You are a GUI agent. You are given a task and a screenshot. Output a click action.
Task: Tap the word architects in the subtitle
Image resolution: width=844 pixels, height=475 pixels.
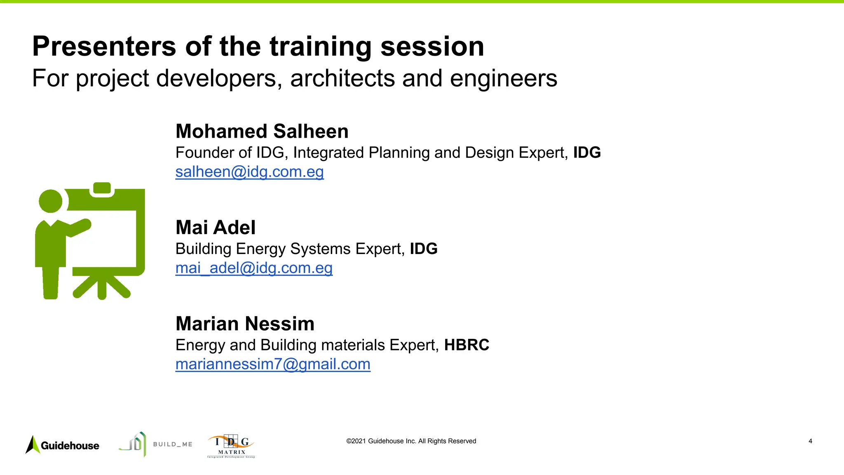[342, 78]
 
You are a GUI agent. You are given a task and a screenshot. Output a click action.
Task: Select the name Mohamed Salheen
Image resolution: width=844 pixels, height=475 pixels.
[262, 132]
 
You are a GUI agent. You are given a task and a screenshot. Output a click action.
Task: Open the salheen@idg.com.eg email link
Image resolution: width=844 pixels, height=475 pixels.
[250, 172]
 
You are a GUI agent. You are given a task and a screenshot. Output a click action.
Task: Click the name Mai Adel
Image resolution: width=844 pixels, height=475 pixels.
[216, 228]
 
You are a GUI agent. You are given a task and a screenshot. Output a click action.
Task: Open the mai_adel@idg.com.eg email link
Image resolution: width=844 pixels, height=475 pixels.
[254, 268]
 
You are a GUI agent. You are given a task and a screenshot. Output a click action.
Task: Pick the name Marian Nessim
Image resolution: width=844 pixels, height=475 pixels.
[245, 324]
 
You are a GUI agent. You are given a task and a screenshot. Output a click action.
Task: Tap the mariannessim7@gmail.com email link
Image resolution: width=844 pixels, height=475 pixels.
[273, 364]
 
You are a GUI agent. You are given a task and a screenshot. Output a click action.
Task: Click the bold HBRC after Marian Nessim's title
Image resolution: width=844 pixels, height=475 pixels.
[467, 345]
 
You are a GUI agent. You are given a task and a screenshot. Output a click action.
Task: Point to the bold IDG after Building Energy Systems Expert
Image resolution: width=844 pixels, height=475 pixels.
[424, 249]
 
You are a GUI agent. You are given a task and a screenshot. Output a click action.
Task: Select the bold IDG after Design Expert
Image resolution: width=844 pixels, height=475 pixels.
[587, 153]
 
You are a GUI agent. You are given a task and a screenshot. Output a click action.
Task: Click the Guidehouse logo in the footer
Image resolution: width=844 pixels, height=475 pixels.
[63, 445]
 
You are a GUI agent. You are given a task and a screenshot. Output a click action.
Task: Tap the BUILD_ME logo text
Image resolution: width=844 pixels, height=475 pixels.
[173, 444]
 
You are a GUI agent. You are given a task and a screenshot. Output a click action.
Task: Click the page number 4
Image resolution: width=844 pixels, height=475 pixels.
[810, 441]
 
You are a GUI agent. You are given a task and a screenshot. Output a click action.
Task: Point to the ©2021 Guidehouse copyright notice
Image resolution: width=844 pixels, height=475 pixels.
[411, 441]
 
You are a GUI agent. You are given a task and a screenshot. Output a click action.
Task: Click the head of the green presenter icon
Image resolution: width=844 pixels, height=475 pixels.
[50, 202]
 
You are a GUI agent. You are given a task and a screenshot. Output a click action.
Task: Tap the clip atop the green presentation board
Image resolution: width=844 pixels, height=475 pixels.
[102, 188]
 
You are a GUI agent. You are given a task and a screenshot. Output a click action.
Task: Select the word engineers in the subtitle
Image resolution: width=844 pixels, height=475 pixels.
[503, 78]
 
